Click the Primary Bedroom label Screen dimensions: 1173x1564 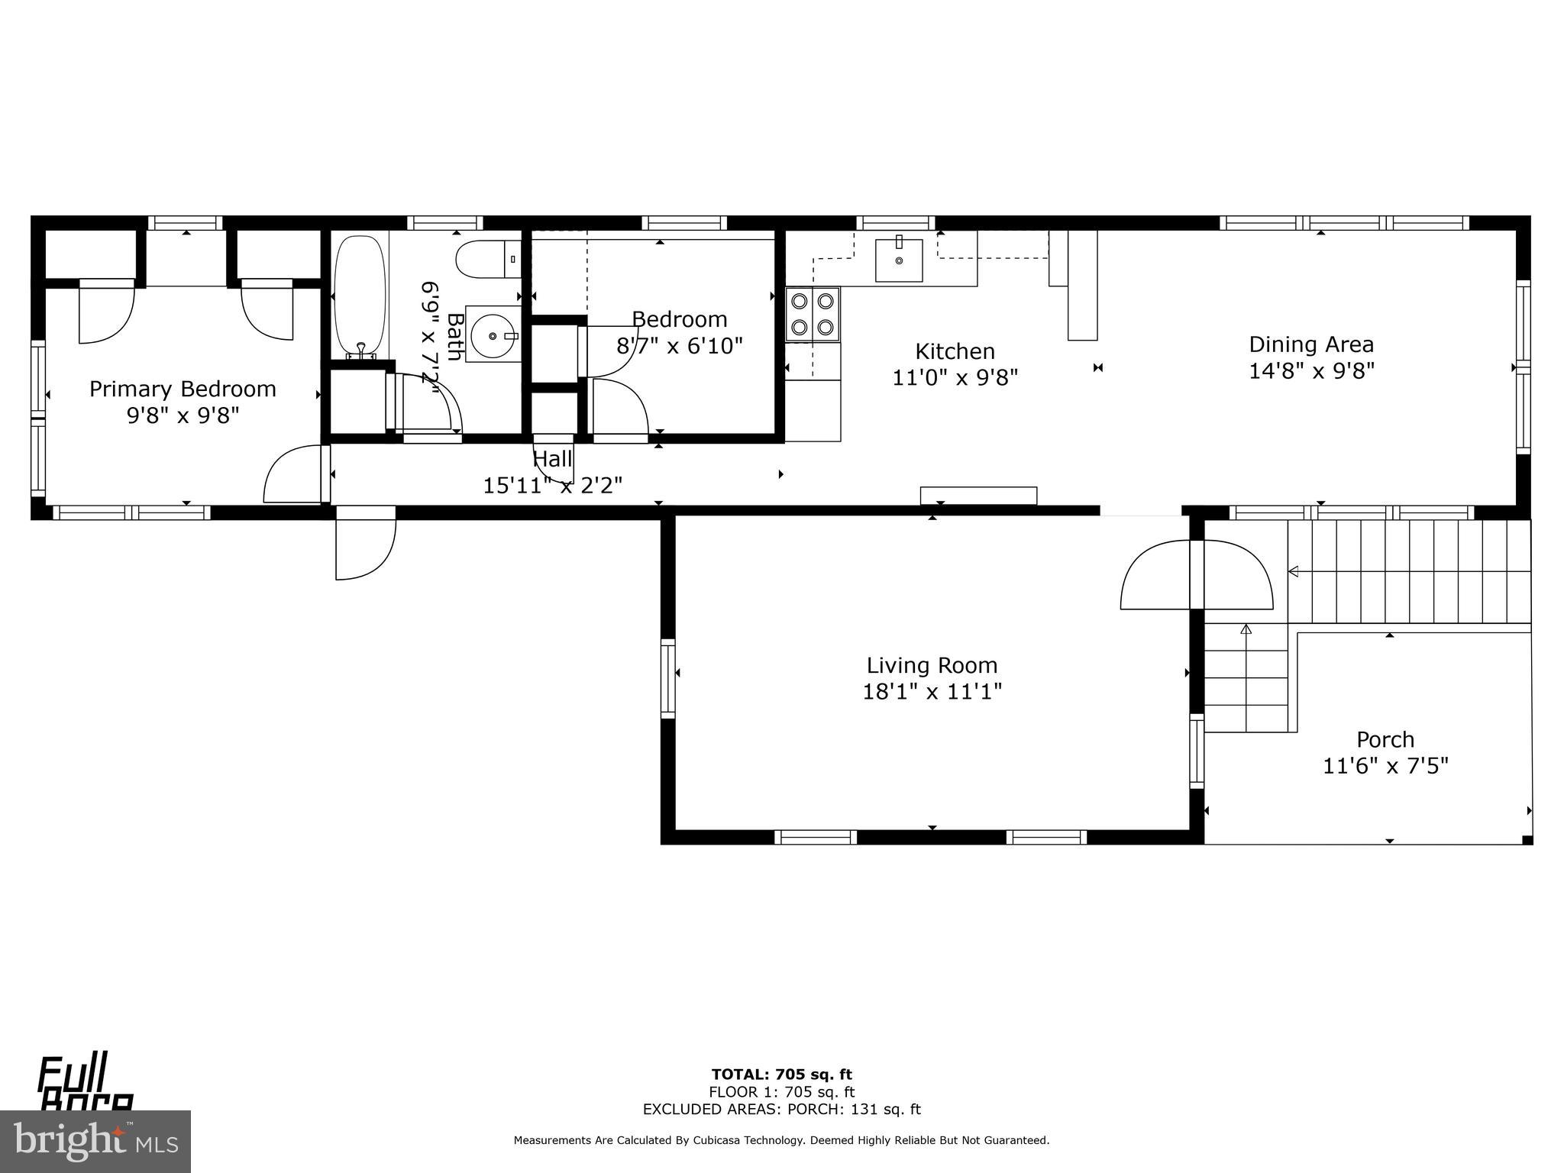183,389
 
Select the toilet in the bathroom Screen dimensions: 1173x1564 486,260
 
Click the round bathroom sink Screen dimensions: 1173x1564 492,335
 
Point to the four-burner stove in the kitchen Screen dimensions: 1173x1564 813,314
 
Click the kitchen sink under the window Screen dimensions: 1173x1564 899,260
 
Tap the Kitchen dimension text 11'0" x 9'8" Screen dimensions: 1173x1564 955,377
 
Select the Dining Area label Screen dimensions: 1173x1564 1311,344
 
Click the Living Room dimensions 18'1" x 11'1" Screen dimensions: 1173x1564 932,692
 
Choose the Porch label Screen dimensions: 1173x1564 1385,739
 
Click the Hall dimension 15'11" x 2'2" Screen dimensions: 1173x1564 552,485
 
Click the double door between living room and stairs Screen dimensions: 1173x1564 1196,574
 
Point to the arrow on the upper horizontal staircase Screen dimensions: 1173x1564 1294,570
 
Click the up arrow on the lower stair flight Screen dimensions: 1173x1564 1246,630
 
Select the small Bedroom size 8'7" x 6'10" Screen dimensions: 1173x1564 679,347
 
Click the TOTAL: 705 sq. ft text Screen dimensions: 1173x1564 781,1075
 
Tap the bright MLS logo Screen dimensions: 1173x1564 95,1142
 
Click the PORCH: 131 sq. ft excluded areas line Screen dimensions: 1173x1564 781,1110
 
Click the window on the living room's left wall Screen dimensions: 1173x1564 668,678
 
